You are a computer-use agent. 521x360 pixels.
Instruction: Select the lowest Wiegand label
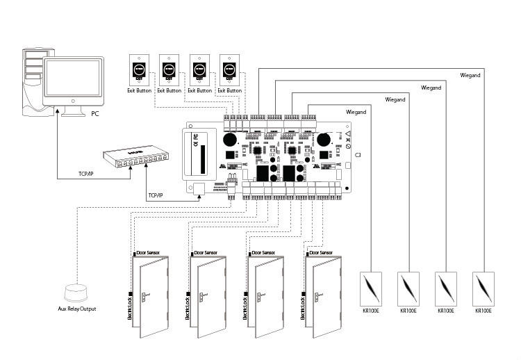(x=356, y=112)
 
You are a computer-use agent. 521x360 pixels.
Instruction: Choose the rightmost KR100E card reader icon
(x=483, y=288)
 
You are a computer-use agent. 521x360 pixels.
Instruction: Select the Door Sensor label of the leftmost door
(x=148, y=253)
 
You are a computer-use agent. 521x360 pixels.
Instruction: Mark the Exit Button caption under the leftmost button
(x=140, y=90)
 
